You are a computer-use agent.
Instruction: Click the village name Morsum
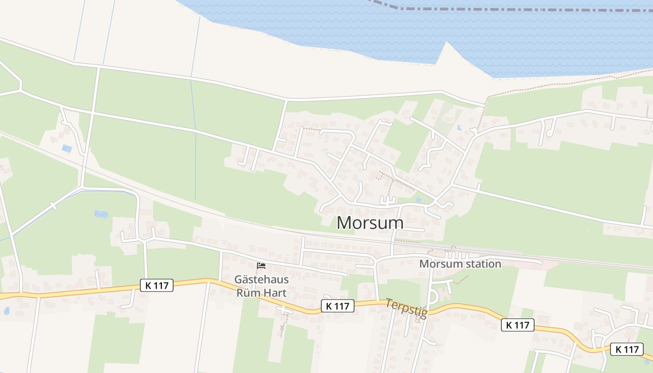click(370, 223)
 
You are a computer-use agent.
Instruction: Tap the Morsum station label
click(460, 264)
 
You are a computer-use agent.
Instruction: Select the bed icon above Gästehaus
click(261, 266)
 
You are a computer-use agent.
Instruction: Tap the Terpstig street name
click(406, 309)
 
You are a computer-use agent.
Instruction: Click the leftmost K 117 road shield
click(157, 285)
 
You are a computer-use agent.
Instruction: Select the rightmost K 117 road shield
click(627, 349)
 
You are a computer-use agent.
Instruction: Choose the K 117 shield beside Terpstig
click(337, 306)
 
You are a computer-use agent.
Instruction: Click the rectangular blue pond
click(67, 148)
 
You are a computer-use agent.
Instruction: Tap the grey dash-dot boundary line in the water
click(513, 9)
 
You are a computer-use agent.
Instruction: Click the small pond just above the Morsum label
click(418, 200)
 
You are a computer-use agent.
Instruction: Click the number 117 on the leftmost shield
click(161, 285)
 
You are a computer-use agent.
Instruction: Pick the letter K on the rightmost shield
click(618, 349)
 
